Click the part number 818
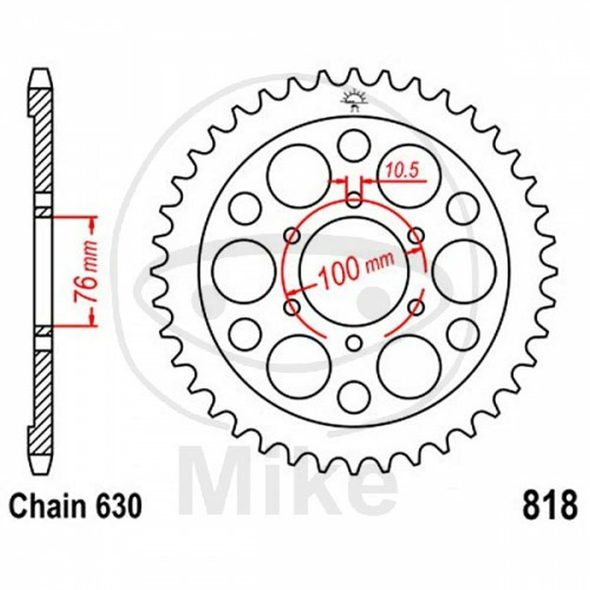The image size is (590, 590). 549,504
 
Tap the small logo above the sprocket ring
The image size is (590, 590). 353,100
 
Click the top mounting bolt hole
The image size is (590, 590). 353,199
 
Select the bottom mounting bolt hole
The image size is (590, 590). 353,343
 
